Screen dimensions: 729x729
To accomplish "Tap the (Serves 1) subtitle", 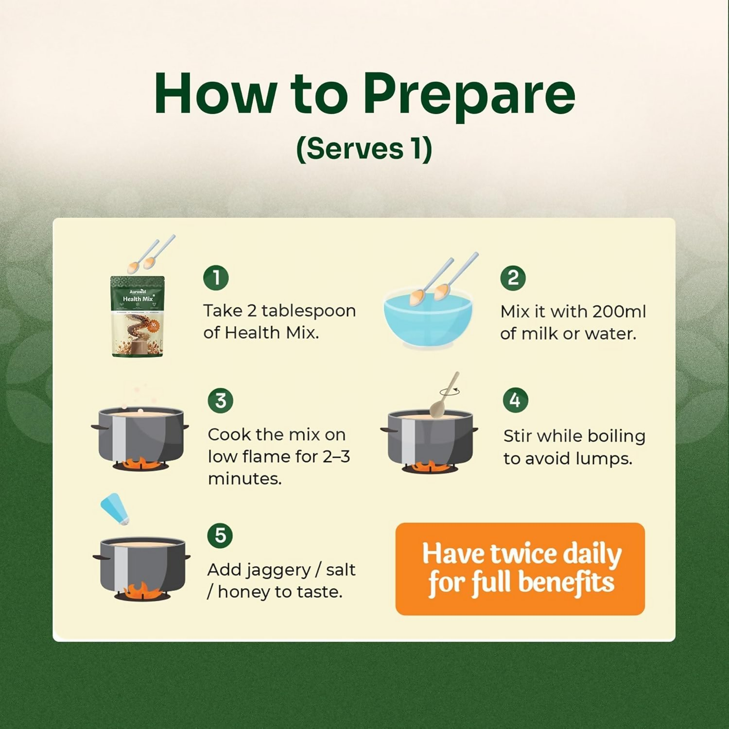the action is tap(364, 149).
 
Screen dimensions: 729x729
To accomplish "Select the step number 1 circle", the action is tap(216, 278).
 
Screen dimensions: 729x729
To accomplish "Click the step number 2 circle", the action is tap(513, 278).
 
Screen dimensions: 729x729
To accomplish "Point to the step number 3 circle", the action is tap(221, 400).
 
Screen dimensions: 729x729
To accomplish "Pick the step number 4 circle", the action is tap(515, 400).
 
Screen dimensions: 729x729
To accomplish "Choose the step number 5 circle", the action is tap(220, 536).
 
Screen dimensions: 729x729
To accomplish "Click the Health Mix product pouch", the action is tap(138, 316).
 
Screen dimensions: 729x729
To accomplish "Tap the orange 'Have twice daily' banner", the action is tap(520, 569).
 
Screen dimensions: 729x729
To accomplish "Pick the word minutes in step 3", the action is tap(245, 479).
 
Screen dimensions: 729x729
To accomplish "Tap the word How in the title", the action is tap(215, 94).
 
